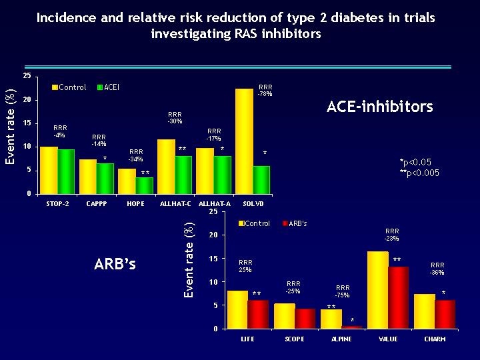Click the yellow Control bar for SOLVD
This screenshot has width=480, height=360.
(243, 141)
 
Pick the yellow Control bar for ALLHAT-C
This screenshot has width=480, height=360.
(166, 166)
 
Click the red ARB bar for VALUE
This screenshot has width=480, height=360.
(398, 297)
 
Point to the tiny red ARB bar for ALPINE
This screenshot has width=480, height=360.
(352, 327)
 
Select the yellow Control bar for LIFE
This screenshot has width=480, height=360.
(237, 309)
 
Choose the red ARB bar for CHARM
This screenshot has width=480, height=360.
(445, 314)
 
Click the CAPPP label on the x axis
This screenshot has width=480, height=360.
(97, 203)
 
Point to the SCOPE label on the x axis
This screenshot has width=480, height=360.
(294, 339)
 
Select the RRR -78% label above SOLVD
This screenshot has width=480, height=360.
(265, 91)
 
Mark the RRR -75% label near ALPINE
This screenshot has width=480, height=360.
(343, 291)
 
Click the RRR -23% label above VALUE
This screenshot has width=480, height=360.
(392, 235)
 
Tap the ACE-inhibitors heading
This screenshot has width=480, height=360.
(380, 107)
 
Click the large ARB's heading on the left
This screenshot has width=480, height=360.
(115, 264)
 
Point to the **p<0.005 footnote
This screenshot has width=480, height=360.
(419, 173)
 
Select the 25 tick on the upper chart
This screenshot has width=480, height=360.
(25, 76)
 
